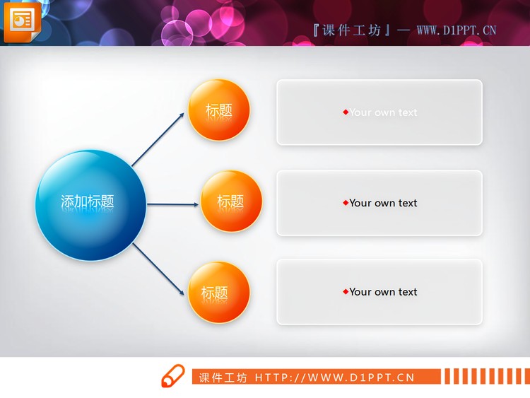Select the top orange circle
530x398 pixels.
point(219,110)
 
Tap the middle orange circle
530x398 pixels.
point(231,201)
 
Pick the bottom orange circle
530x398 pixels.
point(219,293)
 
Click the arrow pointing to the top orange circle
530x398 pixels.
point(160,139)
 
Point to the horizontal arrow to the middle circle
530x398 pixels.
point(173,205)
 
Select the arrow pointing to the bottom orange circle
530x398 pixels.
point(160,269)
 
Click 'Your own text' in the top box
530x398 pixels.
point(383,112)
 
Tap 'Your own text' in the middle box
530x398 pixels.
point(383,203)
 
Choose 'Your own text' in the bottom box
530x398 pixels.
point(383,292)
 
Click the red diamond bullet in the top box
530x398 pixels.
point(346,112)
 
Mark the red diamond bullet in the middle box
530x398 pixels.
point(346,203)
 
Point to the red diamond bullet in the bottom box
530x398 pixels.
point(346,292)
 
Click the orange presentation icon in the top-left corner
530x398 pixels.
point(22,21)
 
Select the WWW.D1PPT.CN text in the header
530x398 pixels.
point(456,30)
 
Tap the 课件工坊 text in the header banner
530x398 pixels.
point(351,30)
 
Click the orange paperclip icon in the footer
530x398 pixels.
point(172,377)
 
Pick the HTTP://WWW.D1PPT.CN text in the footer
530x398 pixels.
point(334,377)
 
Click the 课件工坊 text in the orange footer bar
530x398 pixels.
point(223,377)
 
